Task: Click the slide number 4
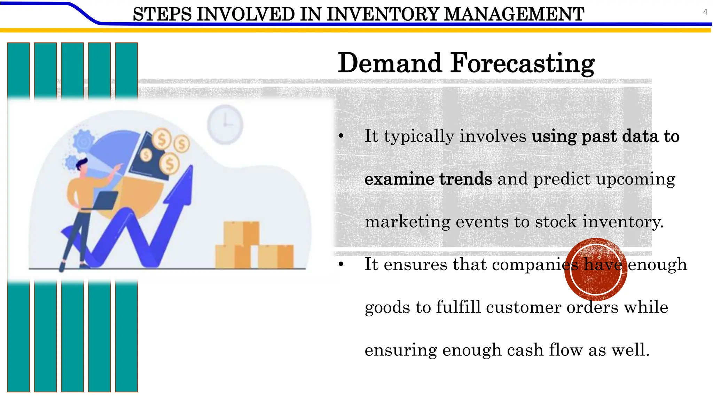(705, 12)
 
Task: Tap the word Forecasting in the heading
(522, 63)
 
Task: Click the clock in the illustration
(225, 124)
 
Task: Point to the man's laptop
(104, 200)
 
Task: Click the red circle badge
(596, 269)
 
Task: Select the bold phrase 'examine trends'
(428, 179)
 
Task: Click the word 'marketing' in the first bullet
(407, 222)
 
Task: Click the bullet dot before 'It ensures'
(341, 265)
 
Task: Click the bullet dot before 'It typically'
(341, 136)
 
